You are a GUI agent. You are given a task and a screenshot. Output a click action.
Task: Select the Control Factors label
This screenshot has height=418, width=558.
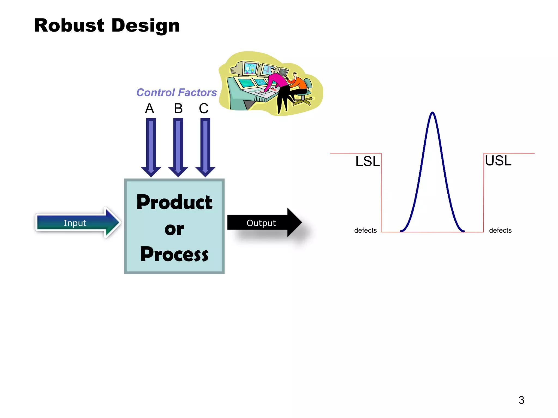tap(176, 93)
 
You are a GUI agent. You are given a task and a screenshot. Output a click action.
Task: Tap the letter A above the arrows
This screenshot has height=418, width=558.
tap(149, 109)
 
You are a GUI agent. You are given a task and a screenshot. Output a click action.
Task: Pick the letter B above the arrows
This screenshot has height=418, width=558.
tap(178, 109)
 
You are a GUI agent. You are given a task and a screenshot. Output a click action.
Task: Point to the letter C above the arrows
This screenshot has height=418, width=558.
tap(204, 109)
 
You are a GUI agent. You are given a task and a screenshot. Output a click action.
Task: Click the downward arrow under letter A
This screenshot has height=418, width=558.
tap(151, 147)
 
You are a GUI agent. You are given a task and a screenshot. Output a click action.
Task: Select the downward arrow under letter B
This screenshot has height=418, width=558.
tap(178, 147)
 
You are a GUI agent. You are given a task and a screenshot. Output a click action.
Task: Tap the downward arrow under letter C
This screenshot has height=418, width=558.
tap(205, 147)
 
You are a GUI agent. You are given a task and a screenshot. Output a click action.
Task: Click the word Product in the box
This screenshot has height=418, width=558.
tap(174, 202)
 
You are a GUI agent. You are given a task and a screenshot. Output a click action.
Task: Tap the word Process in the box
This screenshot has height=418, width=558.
tap(174, 254)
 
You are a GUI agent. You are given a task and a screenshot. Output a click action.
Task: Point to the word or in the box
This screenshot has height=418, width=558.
tap(174, 229)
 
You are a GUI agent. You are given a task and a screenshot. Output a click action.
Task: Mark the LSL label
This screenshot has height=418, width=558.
tap(367, 161)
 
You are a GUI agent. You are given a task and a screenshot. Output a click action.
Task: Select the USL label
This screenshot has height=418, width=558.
tap(498, 161)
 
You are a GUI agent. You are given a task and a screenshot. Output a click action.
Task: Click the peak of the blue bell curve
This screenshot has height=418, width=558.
tap(432, 113)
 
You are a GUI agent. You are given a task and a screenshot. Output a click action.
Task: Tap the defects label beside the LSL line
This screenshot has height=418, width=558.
tap(365, 230)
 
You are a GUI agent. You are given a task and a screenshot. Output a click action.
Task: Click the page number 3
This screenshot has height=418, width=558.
tap(521, 400)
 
